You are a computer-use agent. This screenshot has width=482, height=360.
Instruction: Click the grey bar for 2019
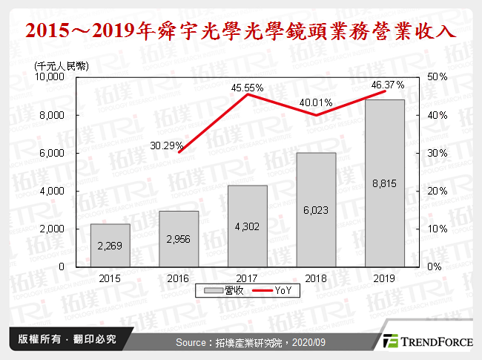click(384, 183)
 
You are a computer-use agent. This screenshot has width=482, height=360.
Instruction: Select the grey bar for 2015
click(109, 245)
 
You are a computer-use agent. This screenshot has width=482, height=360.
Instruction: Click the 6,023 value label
click(315, 210)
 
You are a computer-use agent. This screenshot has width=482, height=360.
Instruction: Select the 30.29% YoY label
click(166, 145)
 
